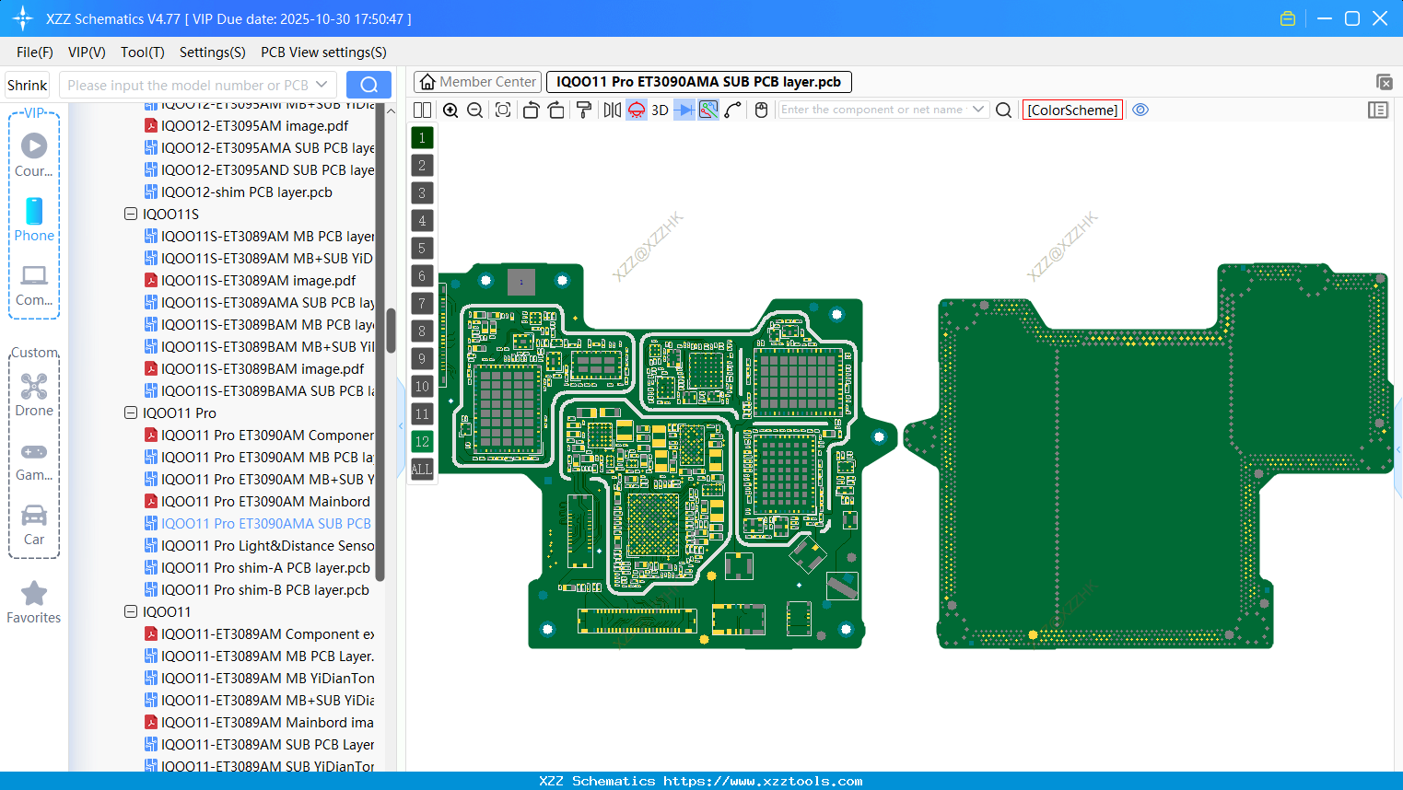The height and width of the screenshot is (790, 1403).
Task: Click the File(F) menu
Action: (x=35, y=52)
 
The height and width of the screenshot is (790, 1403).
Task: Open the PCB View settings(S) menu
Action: (x=323, y=52)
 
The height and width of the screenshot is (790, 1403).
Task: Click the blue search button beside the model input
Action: (x=368, y=85)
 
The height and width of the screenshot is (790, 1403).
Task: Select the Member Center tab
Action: (x=477, y=82)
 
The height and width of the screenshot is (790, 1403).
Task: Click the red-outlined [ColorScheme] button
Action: (x=1072, y=110)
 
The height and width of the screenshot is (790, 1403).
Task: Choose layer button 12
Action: (x=422, y=442)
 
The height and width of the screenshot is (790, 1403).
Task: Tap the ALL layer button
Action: (x=422, y=470)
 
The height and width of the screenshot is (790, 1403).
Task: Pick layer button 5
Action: (x=422, y=249)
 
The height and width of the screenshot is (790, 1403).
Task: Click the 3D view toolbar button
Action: (x=660, y=110)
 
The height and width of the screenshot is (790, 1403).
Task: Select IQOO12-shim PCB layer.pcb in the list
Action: (x=246, y=192)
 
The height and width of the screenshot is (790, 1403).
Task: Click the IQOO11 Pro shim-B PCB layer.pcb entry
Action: (x=264, y=590)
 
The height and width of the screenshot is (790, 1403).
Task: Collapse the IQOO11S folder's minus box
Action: (x=131, y=215)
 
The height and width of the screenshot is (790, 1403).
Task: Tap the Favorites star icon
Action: (x=34, y=595)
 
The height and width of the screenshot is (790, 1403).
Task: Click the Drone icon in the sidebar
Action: (x=34, y=388)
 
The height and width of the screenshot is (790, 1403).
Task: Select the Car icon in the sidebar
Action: (x=34, y=516)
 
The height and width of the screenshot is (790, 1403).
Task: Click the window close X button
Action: (x=1380, y=18)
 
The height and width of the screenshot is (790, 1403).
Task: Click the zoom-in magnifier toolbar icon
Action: (x=450, y=110)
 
